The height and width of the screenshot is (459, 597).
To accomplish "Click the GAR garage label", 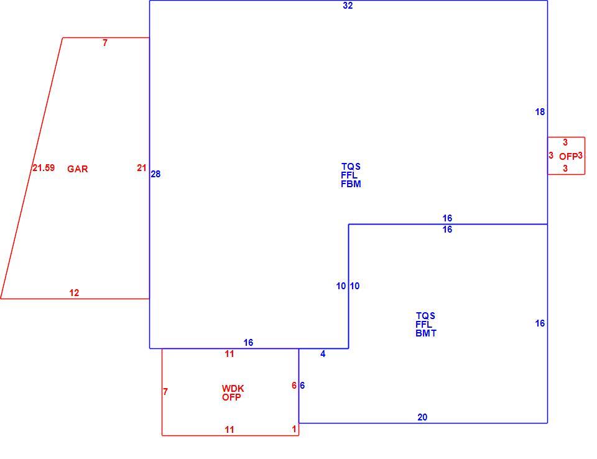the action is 78,169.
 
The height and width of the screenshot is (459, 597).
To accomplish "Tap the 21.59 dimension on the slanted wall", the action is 44,167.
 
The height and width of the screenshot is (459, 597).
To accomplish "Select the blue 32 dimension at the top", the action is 348,6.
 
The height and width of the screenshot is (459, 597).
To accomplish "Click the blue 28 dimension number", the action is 155,174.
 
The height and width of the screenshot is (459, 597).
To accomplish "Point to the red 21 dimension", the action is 142,167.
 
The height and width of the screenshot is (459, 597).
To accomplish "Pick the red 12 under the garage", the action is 74,292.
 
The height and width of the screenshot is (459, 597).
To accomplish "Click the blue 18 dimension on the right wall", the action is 540,111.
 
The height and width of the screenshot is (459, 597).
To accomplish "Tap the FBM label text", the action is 351,184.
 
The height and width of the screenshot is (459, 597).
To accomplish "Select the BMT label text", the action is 426,333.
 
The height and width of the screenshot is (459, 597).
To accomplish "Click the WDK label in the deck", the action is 233,389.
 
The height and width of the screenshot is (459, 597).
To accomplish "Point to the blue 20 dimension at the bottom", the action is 422,417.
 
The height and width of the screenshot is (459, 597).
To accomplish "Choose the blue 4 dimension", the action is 323,354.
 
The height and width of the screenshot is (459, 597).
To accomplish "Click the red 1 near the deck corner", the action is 294,429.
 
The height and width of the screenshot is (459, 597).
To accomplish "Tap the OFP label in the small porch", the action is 568,157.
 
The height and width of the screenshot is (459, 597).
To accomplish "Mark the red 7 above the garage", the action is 105,43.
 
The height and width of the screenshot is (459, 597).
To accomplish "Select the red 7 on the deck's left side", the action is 165,392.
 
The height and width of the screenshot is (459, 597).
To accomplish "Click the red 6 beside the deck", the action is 294,386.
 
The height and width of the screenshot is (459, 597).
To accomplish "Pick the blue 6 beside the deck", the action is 302,386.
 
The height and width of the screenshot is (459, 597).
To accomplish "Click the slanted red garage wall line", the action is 32,168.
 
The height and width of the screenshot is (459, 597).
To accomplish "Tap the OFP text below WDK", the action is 231,397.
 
